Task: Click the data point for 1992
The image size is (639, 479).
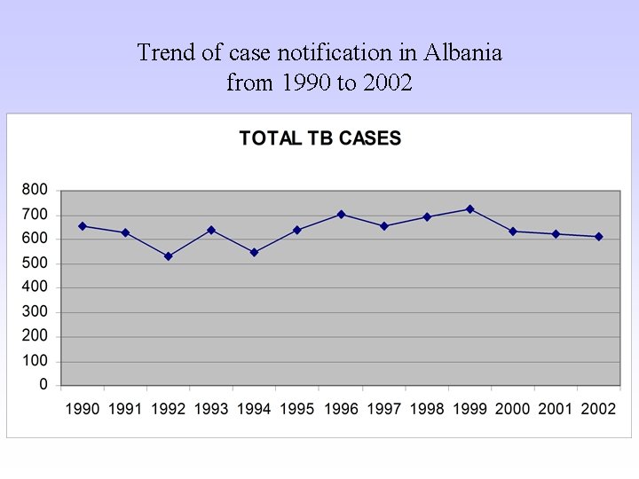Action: click(x=168, y=256)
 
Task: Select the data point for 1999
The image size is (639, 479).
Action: click(x=469, y=209)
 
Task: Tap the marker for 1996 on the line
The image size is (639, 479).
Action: click(x=341, y=215)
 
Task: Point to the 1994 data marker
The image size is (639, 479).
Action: click(x=254, y=253)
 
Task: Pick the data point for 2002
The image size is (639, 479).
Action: click(x=599, y=237)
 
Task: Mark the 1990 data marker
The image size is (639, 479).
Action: click(x=83, y=226)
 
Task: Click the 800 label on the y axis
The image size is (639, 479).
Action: click(x=35, y=190)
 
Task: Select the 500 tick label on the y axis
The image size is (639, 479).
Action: click(x=35, y=263)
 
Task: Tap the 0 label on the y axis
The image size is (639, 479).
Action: click(x=43, y=386)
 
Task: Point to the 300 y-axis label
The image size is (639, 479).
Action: click(x=35, y=312)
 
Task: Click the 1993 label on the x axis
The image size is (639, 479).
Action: click(x=211, y=409)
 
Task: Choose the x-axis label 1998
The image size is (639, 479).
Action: click(x=427, y=409)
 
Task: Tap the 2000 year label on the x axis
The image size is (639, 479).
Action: click(x=513, y=409)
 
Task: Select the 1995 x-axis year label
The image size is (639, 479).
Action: click(x=297, y=409)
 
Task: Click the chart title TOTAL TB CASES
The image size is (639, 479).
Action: click(x=320, y=138)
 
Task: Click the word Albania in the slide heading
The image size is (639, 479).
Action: click(x=462, y=53)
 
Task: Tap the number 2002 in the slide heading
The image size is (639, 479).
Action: click(x=386, y=83)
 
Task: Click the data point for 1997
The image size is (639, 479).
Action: click(x=384, y=226)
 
